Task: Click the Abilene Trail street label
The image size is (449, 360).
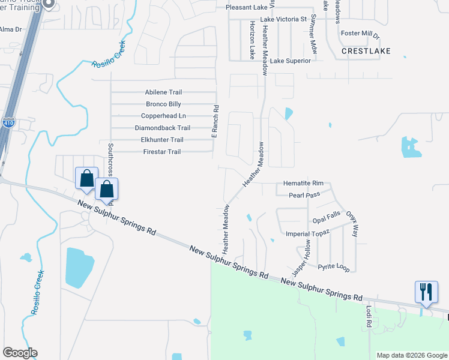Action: point(163,92)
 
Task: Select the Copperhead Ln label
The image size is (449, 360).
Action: point(163,116)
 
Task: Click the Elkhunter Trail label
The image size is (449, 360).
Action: point(161,140)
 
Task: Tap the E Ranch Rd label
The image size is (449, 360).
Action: point(214,122)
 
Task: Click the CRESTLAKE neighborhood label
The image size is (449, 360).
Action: point(366,52)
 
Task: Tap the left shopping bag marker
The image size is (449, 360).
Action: point(86,179)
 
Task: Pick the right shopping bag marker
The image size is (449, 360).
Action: point(106,190)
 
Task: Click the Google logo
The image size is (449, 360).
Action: point(20,353)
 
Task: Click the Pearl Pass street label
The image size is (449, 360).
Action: point(304,195)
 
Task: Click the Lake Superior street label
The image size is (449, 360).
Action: point(291,61)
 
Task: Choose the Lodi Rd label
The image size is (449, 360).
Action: point(369,317)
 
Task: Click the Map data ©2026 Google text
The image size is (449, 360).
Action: point(411,355)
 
